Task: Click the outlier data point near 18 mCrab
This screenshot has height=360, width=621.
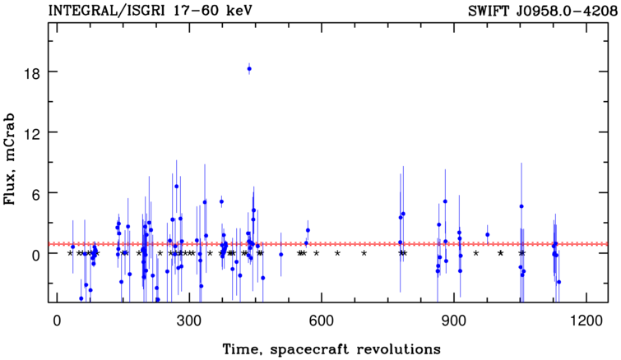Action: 249,69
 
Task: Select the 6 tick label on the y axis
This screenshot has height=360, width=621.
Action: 35,194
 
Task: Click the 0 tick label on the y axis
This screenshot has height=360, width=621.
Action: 35,256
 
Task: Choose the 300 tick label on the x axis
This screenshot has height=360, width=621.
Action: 189,321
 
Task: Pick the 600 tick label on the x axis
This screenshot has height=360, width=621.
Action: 322,321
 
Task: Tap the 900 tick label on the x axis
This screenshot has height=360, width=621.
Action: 453,321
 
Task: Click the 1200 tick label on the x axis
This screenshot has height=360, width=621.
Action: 585,321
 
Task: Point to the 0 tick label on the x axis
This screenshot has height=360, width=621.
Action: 58,321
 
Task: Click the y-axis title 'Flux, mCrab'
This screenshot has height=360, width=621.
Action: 9,159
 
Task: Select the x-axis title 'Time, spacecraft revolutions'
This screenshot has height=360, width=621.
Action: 331,349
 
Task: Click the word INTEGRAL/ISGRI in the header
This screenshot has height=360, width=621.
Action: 106,11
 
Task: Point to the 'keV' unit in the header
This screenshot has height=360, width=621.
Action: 239,11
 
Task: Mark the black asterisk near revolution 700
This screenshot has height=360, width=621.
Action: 364,253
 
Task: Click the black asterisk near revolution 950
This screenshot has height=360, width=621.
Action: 476,253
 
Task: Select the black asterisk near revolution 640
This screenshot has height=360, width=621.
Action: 337,253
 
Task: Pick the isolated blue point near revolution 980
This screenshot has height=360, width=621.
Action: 487,234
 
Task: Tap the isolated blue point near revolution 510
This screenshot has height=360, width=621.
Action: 280,254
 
